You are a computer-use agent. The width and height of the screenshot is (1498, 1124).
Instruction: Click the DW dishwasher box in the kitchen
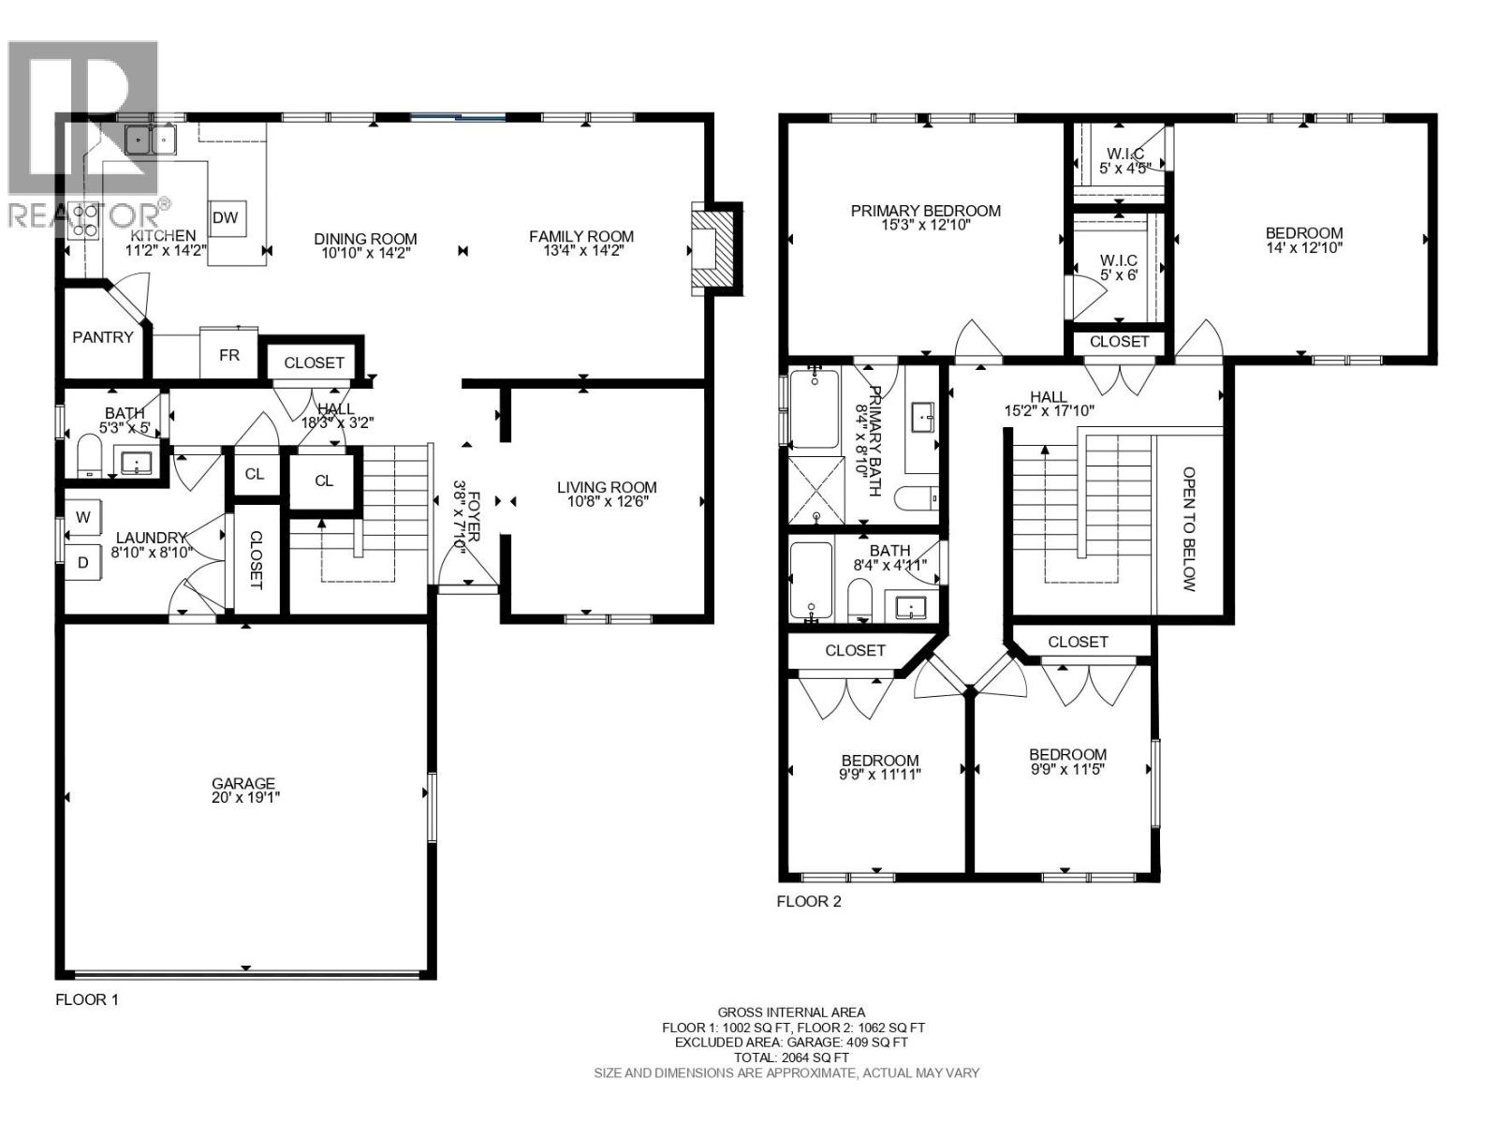pos(225,217)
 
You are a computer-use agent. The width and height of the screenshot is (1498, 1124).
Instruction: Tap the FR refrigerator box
pos(228,355)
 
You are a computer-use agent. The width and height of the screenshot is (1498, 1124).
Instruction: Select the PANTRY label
pos(103,337)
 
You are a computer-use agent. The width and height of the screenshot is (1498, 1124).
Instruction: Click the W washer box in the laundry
pos(83,517)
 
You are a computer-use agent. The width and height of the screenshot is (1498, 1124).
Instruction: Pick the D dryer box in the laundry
pos(83,563)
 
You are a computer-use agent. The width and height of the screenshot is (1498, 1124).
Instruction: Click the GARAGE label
pos(243,784)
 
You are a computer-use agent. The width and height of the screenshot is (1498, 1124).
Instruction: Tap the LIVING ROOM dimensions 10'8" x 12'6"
pos(607,501)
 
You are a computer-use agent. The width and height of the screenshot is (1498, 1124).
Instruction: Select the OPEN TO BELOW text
pos(1189,529)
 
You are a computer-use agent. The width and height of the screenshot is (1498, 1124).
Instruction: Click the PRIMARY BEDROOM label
pos(925,211)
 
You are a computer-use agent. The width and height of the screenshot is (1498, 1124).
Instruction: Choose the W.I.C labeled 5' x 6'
pos(1119,267)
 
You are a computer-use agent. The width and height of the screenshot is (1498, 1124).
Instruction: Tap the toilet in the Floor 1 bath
pos(89,456)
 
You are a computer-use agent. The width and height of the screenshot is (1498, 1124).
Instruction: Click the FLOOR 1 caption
pos(87,999)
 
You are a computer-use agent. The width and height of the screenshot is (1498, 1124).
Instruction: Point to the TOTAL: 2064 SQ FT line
pos(791,1057)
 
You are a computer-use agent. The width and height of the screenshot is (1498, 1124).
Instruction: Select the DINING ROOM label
pos(365,239)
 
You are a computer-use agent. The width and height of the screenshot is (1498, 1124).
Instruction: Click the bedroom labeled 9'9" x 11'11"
pos(879,767)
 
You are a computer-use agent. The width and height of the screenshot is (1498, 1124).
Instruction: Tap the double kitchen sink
pos(151,140)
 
